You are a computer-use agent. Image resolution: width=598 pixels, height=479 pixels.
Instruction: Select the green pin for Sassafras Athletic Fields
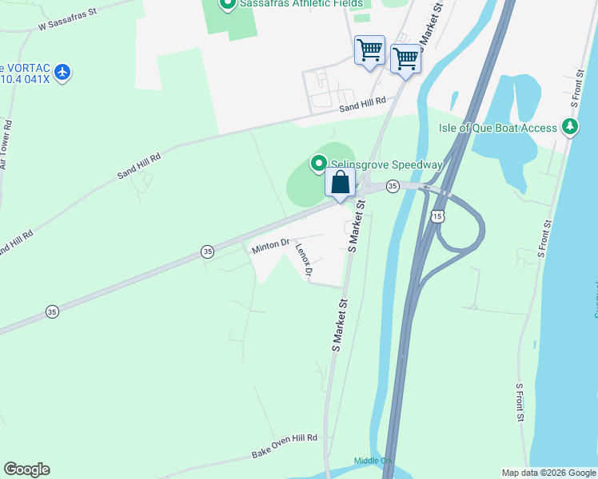tap(226, 5)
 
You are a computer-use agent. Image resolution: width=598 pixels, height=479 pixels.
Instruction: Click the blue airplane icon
tap(62, 73)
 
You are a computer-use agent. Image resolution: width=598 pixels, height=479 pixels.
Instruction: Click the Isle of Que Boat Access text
tap(497, 128)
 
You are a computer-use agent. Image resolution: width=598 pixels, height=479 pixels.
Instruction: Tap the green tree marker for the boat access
tap(569, 127)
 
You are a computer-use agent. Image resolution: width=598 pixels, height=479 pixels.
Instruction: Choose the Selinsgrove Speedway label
tap(387, 164)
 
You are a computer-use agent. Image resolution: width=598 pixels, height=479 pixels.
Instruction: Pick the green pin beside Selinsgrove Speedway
tap(318, 164)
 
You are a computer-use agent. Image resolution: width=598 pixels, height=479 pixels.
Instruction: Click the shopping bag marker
tap(340, 183)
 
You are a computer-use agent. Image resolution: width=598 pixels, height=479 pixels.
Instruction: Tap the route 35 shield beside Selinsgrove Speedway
tap(392, 186)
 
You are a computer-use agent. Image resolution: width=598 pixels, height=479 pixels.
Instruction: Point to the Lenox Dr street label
tap(303, 260)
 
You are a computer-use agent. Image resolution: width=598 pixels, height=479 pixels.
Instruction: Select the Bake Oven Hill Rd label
tap(285, 445)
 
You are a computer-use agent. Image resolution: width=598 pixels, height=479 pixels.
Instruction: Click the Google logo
tap(26, 469)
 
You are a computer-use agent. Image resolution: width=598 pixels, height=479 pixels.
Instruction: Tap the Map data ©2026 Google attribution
tap(548, 473)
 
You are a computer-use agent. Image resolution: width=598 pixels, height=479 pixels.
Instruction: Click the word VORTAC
tap(27, 67)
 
